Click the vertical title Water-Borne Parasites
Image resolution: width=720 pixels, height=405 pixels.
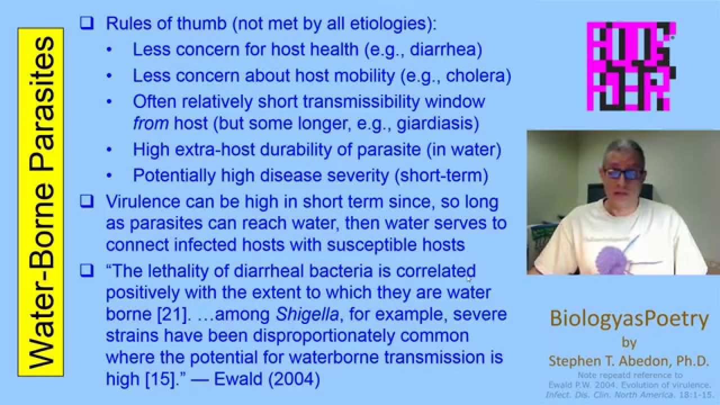coord(40,202)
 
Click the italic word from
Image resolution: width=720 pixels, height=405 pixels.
coord(150,123)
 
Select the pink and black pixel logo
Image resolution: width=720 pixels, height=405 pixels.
coord(631,66)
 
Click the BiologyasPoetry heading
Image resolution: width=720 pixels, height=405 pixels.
coord(629,319)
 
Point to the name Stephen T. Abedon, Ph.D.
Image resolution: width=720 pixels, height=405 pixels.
coord(629,361)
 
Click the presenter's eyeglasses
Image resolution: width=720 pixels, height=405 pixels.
coord(623,174)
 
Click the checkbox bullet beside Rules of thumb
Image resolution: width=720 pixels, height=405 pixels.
coord(86,24)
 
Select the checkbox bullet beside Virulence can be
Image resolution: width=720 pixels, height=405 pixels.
coord(86,201)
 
